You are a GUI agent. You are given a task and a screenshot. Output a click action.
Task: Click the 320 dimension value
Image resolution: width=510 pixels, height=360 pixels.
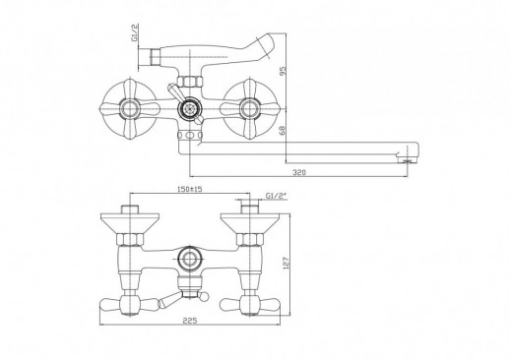(298, 172)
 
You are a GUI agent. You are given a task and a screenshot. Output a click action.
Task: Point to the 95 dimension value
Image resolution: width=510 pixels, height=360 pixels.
(284, 71)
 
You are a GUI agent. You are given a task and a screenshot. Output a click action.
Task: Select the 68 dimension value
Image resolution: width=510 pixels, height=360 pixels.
(284, 131)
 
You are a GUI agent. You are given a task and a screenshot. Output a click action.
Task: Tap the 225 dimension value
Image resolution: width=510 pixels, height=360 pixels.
(190, 321)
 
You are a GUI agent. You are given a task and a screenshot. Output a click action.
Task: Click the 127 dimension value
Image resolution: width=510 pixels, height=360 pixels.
(286, 263)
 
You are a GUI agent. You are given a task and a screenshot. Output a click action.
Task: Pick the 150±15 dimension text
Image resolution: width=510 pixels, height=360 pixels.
(190, 189)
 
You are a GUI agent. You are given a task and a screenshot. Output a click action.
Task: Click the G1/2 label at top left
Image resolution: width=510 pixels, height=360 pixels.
(135, 32)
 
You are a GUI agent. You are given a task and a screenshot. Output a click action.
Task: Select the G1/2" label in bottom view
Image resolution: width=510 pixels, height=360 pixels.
(276, 196)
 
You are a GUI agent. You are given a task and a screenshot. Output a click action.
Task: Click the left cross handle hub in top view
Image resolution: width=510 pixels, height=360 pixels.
(130, 108)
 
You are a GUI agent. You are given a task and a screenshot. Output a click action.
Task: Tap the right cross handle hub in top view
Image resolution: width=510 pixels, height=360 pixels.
(250, 108)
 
